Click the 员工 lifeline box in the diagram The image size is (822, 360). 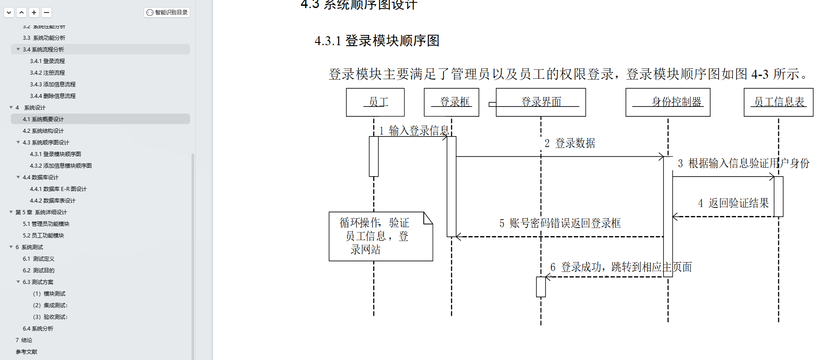click(375, 102)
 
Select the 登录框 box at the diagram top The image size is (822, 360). click(451, 102)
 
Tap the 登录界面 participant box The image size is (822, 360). click(541, 102)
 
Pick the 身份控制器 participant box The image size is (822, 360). click(668, 102)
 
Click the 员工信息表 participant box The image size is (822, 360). click(778, 102)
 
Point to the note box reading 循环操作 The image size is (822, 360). click(380, 236)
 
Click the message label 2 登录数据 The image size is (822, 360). click(570, 143)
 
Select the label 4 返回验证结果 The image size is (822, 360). click(733, 203)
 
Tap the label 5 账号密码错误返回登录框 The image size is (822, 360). click(560, 223)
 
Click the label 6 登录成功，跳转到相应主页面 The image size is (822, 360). click(621, 267)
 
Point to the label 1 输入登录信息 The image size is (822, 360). click(414, 131)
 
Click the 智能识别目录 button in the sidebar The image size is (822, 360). click(167, 13)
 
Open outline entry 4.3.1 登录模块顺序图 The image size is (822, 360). click(55, 154)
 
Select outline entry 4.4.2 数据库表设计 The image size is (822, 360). click(53, 201)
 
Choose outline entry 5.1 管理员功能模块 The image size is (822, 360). click(46, 224)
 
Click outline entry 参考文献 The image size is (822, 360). click(26, 352)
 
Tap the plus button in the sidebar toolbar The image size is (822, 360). click(34, 13)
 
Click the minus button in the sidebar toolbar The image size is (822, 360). click(47, 13)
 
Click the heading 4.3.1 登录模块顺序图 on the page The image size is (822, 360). click(377, 41)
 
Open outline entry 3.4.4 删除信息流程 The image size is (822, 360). click(53, 96)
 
